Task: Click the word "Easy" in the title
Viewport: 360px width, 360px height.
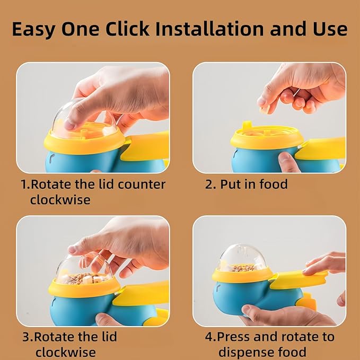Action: (33, 29)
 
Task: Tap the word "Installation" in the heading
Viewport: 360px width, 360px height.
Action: (209, 29)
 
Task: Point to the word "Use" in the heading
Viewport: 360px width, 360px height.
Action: (330, 29)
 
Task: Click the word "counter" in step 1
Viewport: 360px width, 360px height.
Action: (142, 185)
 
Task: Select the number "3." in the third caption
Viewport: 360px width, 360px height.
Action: (28, 337)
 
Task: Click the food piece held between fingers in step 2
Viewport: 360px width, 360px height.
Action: (265, 110)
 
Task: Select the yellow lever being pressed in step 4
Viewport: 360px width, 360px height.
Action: (298, 279)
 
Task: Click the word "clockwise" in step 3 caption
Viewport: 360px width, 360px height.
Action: (65, 352)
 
